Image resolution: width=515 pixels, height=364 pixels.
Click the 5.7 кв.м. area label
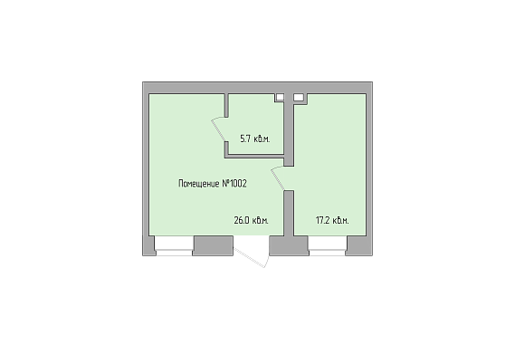tap(255, 139)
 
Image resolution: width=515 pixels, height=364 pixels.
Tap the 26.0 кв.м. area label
tap(251, 220)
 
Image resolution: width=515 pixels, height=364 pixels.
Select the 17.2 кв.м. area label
tap(332, 220)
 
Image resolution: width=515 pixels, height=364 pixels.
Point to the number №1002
tap(234, 183)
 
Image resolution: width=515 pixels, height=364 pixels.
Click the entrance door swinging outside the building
tap(252, 255)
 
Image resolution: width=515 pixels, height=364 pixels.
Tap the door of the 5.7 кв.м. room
tap(219, 129)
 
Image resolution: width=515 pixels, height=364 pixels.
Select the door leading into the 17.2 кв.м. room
tap(278, 178)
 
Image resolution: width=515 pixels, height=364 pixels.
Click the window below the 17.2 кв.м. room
tap(328, 245)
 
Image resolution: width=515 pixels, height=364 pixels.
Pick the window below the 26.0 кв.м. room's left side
tap(174, 245)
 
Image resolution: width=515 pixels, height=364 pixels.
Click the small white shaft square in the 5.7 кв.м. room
tap(280, 97)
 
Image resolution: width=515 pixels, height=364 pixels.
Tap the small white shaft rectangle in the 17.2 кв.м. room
tap(299, 97)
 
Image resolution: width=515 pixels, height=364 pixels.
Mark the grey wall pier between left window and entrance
tap(213, 245)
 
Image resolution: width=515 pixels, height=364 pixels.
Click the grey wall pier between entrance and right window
tap(289, 245)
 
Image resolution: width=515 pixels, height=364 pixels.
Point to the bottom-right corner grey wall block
tap(359, 245)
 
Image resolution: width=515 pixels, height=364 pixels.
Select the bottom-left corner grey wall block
tap(148, 245)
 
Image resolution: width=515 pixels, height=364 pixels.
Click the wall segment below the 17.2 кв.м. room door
tap(289, 213)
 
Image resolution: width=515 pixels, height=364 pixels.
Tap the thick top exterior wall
tap(257, 88)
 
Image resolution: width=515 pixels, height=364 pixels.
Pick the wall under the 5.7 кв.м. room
tap(254, 157)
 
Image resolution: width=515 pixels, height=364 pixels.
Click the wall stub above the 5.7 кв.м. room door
tap(226, 105)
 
